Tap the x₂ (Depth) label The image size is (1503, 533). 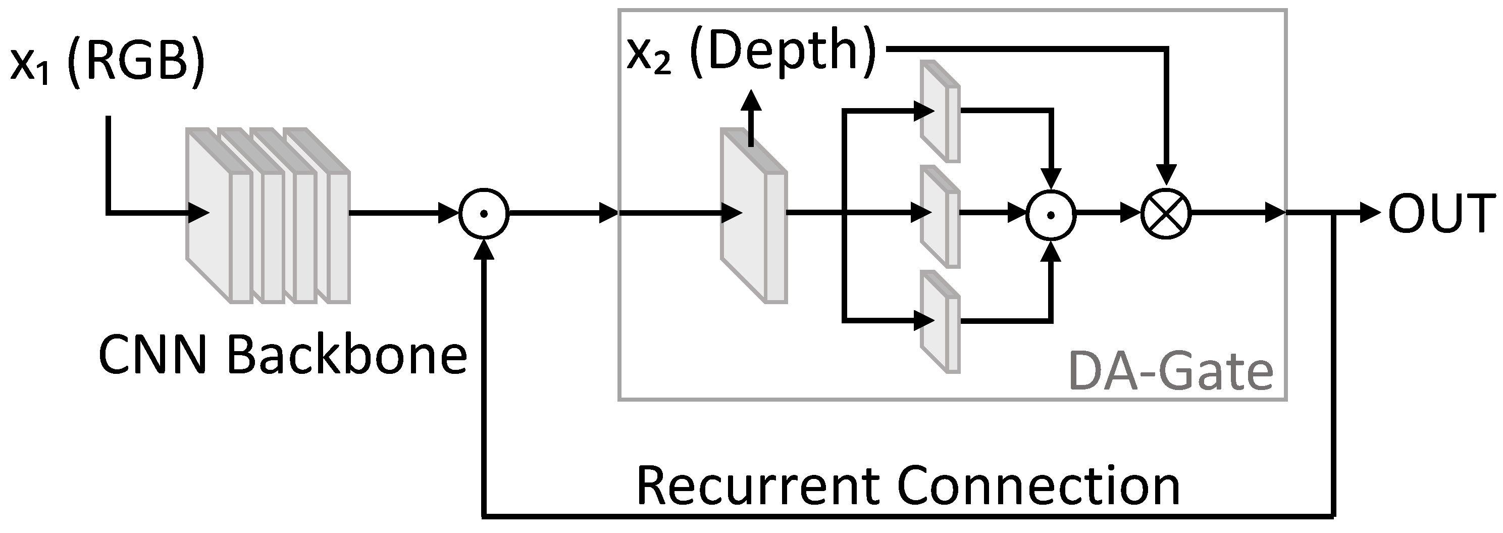coord(751,54)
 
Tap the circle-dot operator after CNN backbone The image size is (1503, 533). coord(484,214)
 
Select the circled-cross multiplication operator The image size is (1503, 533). coord(1165,214)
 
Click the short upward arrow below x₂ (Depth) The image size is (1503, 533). coord(751,117)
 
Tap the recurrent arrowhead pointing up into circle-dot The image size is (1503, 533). coord(484,250)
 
